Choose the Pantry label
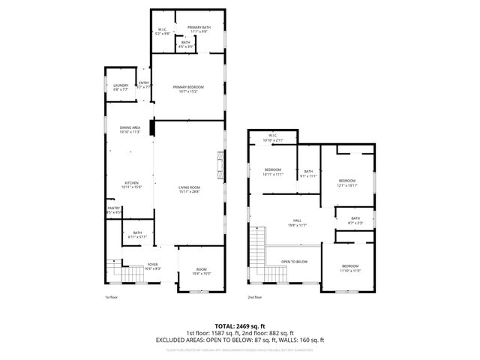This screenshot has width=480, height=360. (113, 210)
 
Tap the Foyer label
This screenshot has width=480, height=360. (152, 265)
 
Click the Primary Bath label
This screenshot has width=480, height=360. (199, 28)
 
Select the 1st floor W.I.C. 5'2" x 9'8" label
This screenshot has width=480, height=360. (162, 31)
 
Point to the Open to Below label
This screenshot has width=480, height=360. (294, 262)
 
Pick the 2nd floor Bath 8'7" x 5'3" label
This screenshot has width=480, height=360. (355, 221)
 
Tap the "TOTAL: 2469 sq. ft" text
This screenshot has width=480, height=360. (240, 326)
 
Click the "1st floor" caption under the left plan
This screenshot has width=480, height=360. (112, 298)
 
